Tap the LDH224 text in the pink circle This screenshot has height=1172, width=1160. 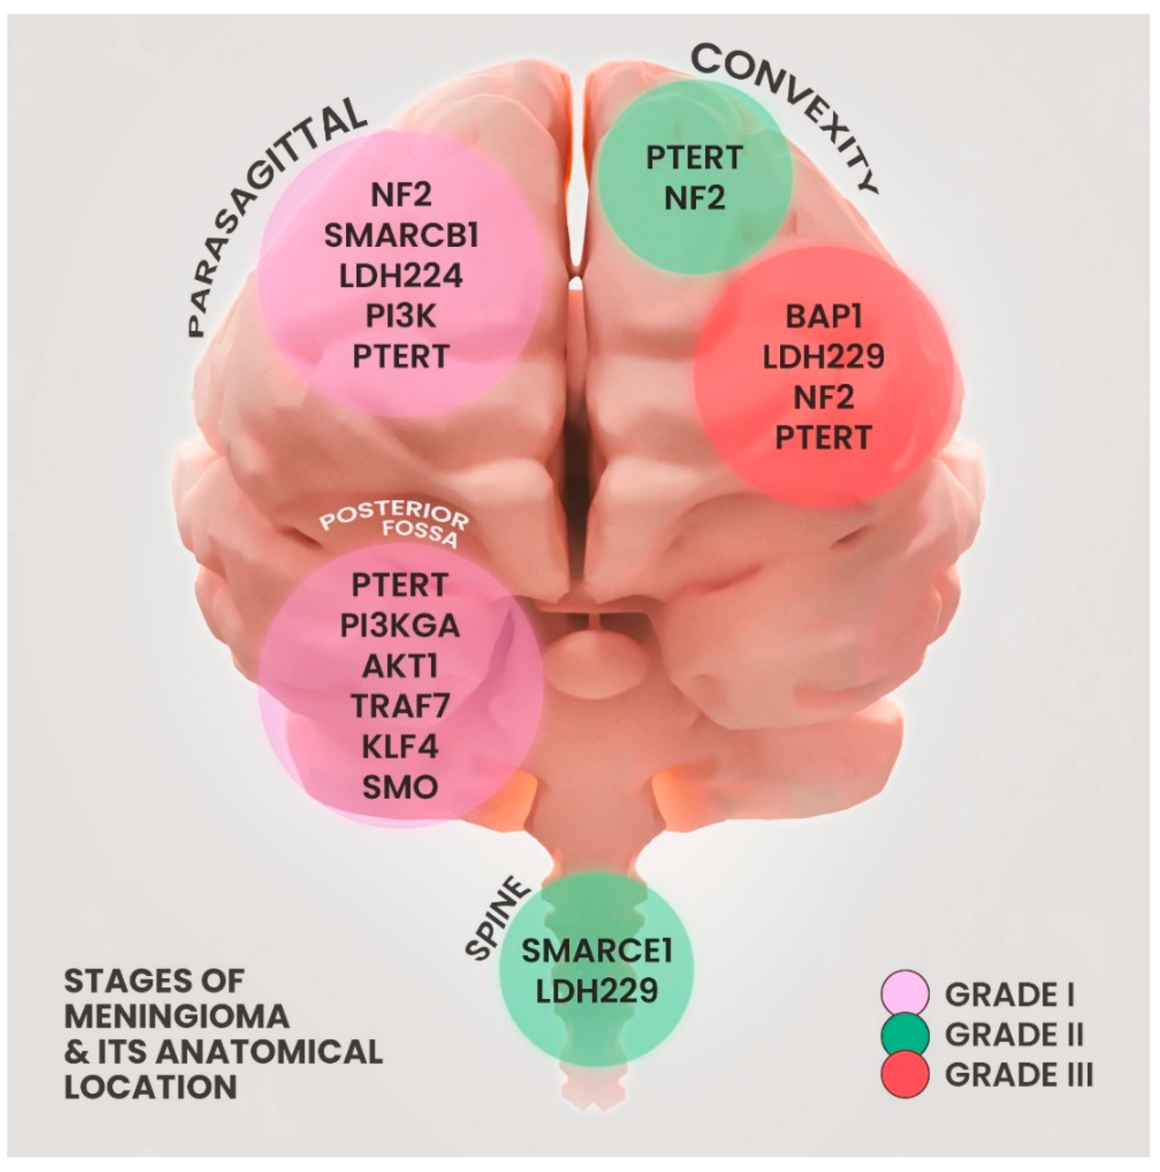(x=401, y=276)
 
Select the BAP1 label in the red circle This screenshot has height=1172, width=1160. (x=823, y=317)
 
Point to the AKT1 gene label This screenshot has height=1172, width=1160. (x=399, y=667)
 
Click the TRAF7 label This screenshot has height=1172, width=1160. (x=399, y=707)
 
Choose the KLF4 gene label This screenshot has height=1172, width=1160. (x=399, y=747)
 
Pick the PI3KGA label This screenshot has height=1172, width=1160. (x=399, y=626)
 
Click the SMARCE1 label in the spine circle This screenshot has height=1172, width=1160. (x=597, y=951)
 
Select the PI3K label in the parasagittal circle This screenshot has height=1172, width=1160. (x=401, y=316)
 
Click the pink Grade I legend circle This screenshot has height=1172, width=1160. (x=905, y=994)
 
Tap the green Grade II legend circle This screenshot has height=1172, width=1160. (x=905, y=1034)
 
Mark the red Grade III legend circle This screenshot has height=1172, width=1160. (x=905, y=1075)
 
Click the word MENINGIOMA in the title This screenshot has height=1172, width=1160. (x=176, y=1017)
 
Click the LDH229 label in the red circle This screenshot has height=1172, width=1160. (x=823, y=357)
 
